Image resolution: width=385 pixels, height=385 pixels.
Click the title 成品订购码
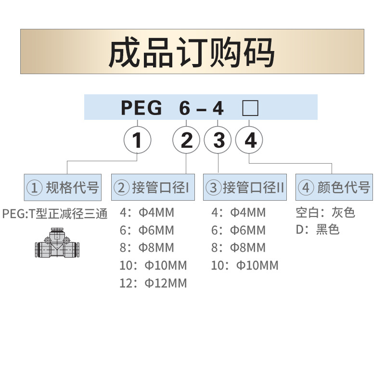click(192, 52)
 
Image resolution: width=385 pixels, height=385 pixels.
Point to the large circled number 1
click(137, 141)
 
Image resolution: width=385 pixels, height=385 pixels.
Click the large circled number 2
click(186, 141)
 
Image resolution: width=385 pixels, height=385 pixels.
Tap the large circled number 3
click(218, 141)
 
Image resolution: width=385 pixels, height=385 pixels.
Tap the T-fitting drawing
click(56, 245)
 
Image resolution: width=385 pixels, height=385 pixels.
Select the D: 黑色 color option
click(318, 230)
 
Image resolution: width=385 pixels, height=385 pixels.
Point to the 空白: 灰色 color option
click(325, 212)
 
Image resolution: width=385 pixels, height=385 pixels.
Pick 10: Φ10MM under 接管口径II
click(244, 265)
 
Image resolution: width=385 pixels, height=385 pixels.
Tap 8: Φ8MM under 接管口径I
click(147, 248)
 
